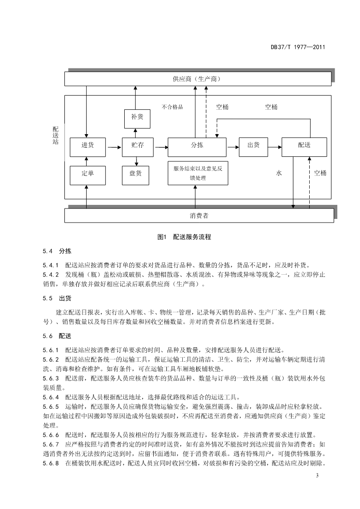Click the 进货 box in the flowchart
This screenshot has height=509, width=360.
pyautogui.click(x=88, y=147)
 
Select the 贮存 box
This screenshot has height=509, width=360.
pyautogui.click(x=138, y=147)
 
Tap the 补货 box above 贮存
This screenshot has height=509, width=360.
pyautogui.click(x=137, y=119)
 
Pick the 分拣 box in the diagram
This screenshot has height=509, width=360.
pyautogui.click(x=197, y=147)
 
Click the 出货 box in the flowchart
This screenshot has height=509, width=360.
pyautogui.click(x=253, y=147)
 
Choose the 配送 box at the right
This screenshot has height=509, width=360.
pyautogui.click(x=304, y=147)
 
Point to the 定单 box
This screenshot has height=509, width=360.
pyautogui.click(x=88, y=175)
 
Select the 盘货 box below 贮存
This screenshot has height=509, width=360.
pyautogui.click(x=136, y=175)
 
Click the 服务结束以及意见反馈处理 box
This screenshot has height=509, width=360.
pyautogui.click(x=198, y=173)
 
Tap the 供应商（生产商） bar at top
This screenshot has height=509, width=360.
pyautogui.click(x=198, y=79)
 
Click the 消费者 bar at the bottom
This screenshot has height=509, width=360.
pyautogui.click(x=199, y=216)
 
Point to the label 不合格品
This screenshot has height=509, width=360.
pyautogui.click(x=172, y=107)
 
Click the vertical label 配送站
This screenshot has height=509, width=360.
pyautogui.click(x=55, y=136)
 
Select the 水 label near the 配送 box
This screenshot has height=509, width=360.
pyautogui.click(x=279, y=173)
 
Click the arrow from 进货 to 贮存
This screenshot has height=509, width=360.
pyautogui.click(x=114, y=147)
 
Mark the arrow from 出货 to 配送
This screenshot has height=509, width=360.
pyautogui.click(x=275, y=147)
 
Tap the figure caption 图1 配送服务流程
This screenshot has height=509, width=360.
pyautogui.click(x=184, y=237)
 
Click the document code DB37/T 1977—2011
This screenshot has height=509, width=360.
pyautogui.click(x=298, y=47)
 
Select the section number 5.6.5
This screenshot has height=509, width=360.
pyautogui.click(x=51, y=407)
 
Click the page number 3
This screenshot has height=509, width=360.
pyautogui.click(x=317, y=476)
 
